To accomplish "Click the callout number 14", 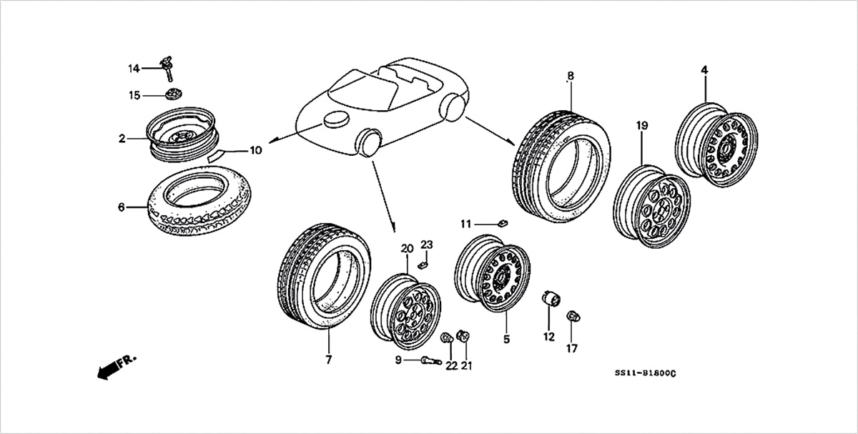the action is [134, 69].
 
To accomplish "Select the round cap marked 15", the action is [174, 94].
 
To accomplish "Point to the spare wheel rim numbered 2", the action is [183, 134].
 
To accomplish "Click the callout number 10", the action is [255, 150].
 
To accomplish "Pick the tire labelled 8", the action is [561, 167].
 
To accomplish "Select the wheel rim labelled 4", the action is [716, 145].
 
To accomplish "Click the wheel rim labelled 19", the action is [652, 207].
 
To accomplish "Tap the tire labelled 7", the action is [324, 276].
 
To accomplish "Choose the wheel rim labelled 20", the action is [405, 311].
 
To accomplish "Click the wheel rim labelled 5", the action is [493, 273].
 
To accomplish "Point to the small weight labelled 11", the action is [503, 223].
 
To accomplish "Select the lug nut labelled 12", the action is [551, 298].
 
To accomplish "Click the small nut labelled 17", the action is [573, 317].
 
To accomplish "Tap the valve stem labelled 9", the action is [431, 360].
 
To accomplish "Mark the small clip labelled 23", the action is [422, 265].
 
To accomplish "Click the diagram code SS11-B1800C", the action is [646, 373].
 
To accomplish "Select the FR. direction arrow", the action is [116, 366].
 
